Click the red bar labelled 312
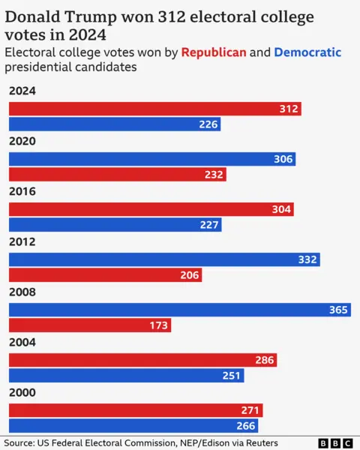(x=154, y=109)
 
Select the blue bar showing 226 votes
(x=114, y=124)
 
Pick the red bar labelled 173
(x=89, y=325)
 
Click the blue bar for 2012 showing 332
(x=164, y=259)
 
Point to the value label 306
(x=283, y=159)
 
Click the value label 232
(x=214, y=175)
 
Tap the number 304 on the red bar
(x=281, y=209)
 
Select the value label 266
(x=247, y=426)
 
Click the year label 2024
(x=22, y=91)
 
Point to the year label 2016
(x=22, y=192)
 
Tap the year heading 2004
(x=22, y=343)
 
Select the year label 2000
(x=22, y=393)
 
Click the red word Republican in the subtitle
(x=214, y=52)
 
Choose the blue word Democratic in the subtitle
(x=307, y=52)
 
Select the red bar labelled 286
(x=142, y=360)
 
